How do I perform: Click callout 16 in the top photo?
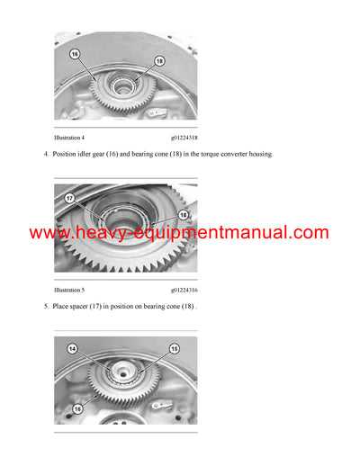pos(75,54)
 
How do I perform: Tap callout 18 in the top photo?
pos(158,60)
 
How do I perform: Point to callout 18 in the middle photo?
pos(184,215)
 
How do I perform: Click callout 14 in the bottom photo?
pos(72,347)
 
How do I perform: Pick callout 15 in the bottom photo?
pos(175,347)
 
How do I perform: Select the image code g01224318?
pos(184,137)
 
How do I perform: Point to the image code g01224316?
pos(184,290)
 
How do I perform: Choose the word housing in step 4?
pos(255,155)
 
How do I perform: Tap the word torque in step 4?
pos(189,155)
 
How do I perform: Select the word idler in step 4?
pos(95,155)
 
